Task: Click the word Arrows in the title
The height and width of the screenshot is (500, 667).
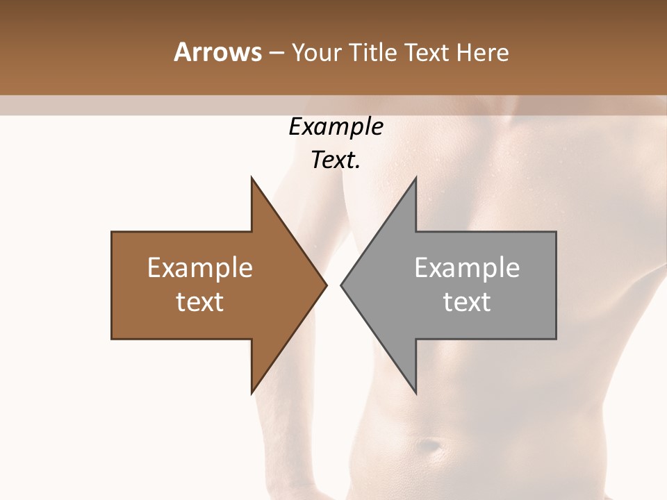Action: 217,52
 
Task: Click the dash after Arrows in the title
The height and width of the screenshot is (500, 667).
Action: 276,53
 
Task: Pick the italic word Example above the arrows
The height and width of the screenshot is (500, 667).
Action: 336,127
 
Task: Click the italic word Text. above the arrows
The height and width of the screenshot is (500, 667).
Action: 336,160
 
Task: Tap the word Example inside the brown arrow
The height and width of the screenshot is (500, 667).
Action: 200,268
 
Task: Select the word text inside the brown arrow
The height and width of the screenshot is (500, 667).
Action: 200,302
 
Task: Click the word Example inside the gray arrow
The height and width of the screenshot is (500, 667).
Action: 467,268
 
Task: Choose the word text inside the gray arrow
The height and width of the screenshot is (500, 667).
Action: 467,302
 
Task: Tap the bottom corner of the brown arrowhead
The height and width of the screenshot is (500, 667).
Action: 252,392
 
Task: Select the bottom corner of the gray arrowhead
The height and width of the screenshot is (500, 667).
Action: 415,392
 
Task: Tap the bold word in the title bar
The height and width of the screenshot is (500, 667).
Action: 217,52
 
